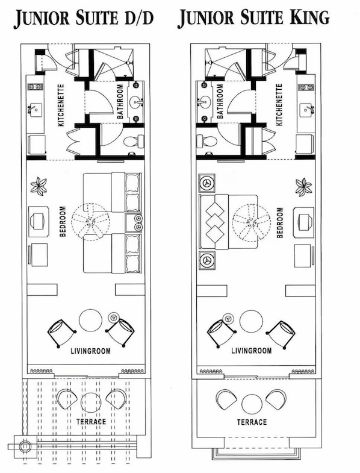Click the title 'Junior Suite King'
tap(253, 19)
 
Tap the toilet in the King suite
tap(207, 142)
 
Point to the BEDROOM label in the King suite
tap(279, 223)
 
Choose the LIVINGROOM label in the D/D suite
tap(90, 351)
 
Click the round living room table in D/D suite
tap(91, 320)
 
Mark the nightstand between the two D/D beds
tap(134, 222)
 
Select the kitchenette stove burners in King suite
tap(306, 87)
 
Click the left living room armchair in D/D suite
tap(61, 332)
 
